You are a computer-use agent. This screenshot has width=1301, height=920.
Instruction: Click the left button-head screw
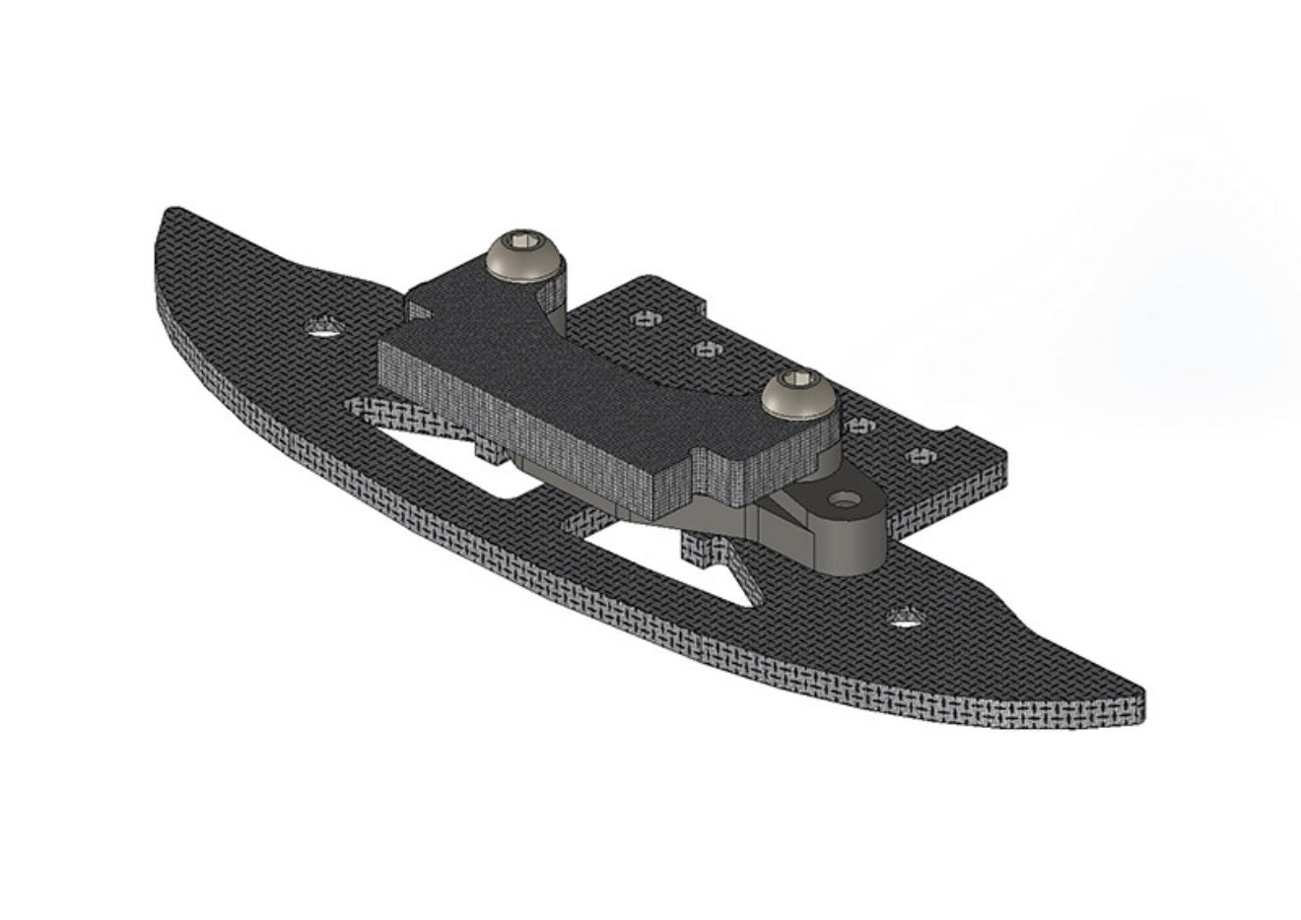click(x=521, y=252)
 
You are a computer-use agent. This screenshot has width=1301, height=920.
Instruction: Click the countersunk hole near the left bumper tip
click(x=321, y=327)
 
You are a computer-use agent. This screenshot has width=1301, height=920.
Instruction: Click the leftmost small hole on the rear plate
click(x=646, y=317)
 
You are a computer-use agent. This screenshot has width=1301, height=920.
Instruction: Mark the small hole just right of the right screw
click(x=861, y=427)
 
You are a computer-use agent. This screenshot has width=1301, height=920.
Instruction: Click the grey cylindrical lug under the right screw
click(x=848, y=537)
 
